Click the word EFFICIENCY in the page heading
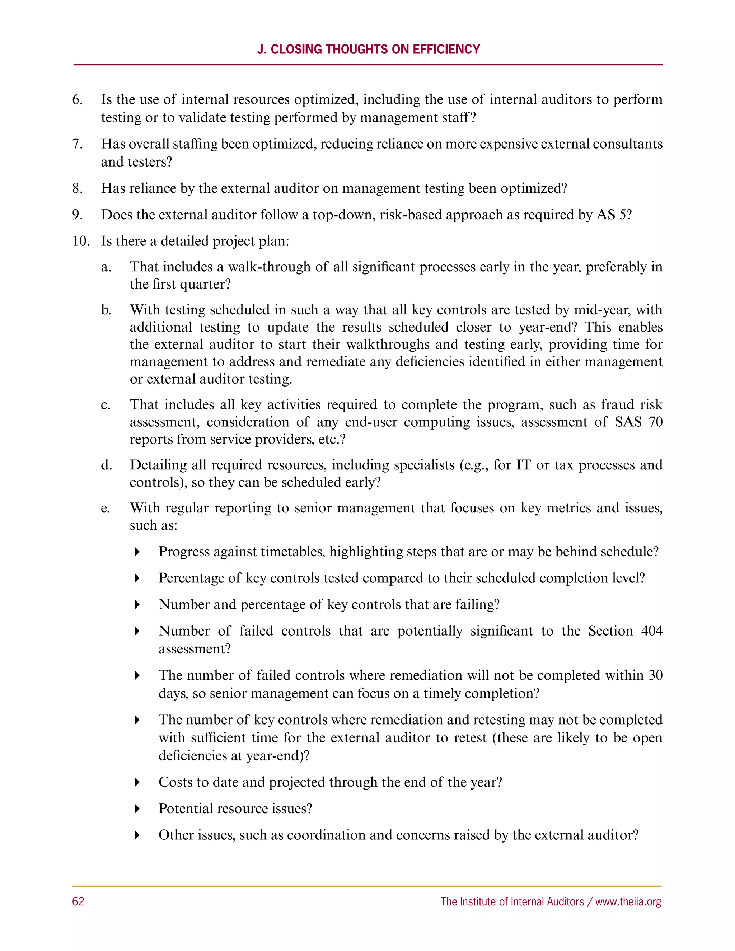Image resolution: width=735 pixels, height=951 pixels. pos(446,49)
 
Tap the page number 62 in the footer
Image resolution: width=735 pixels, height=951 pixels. pos(78,901)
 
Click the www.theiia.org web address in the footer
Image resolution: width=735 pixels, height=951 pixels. pos(628,901)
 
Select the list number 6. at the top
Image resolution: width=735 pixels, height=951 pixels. pos(78,100)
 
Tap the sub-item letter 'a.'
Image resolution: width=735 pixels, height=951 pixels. pos(106,267)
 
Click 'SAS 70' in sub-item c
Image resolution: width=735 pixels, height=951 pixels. pos(638,422)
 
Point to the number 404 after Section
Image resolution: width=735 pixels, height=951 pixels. pos(651,631)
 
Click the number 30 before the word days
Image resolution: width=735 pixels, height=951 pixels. pos(655,675)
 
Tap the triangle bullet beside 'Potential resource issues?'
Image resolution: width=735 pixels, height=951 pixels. pos(137,809)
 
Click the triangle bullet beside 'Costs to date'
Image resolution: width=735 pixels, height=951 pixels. pos(137,782)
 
